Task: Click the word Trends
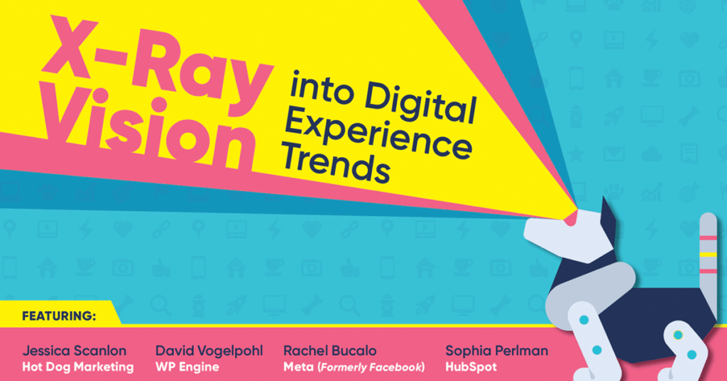coord(335,163)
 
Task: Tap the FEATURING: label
coord(59,316)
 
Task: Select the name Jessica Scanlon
coord(74,351)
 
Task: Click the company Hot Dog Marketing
coord(78,367)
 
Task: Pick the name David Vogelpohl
coord(209,351)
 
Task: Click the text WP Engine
coord(187,367)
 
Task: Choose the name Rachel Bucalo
coord(329,351)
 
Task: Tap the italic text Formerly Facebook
coord(371,367)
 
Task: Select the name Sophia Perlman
coord(496,351)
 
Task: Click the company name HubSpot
coord(471,367)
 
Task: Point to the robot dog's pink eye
coord(572,218)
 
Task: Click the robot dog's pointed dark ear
coord(608,213)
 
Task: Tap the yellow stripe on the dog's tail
coord(708,254)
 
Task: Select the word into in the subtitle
coord(321,87)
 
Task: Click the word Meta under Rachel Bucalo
coord(299,367)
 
